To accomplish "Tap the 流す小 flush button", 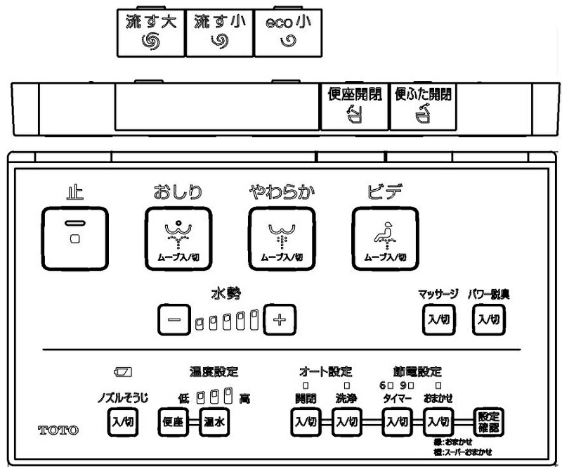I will [219, 32].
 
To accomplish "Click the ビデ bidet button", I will [384, 238].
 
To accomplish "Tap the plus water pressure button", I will [280, 321].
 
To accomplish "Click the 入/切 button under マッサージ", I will [434, 319].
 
